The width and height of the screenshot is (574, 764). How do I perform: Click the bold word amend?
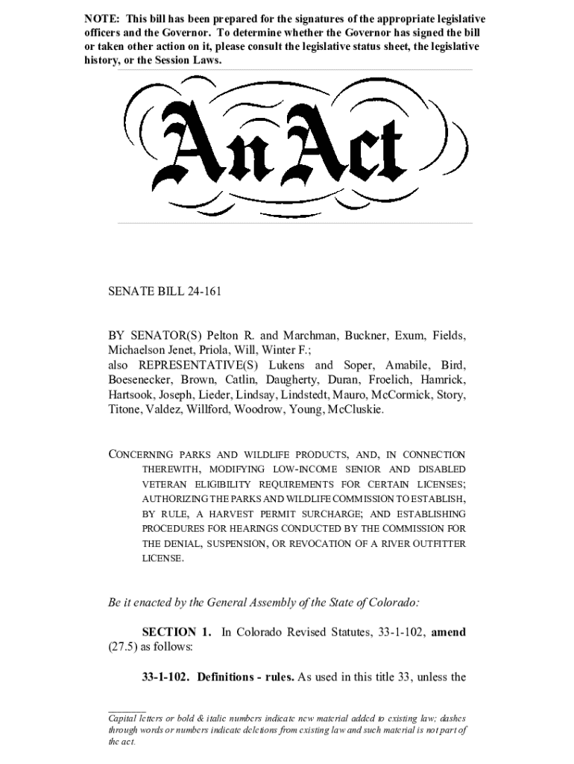point(448,632)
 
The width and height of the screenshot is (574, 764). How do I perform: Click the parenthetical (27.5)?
point(124,647)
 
